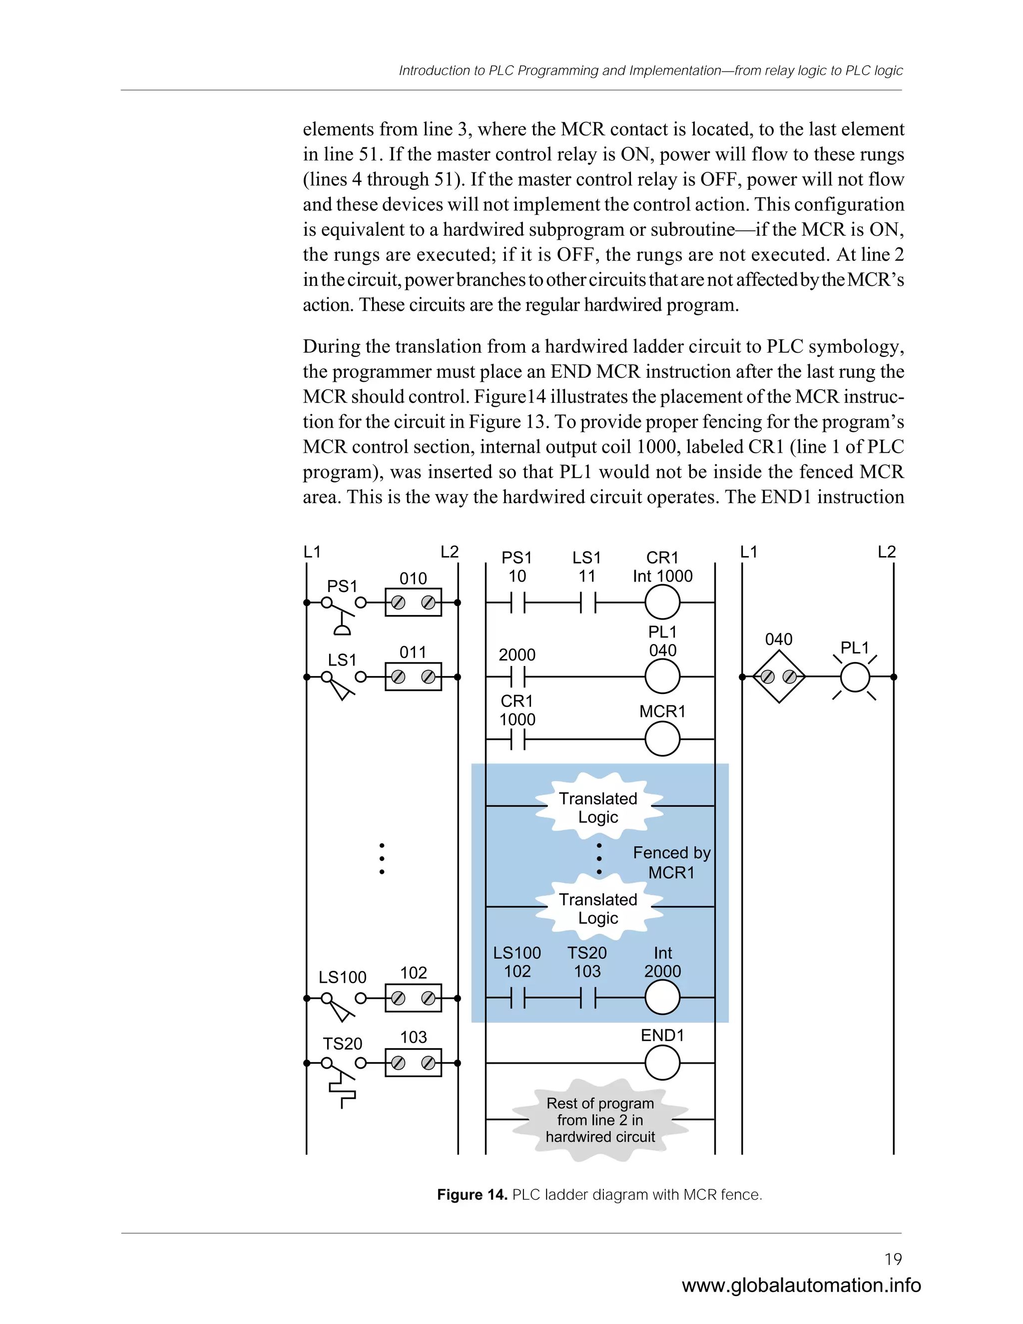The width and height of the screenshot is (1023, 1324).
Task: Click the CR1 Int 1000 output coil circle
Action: pyautogui.click(x=662, y=603)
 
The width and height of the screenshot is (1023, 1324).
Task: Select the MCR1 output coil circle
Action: pyautogui.click(x=662, y=739)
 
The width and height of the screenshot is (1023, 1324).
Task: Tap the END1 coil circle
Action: pyautogui.click(x=662, y=1063)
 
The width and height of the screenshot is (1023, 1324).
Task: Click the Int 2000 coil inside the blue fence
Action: pyautogui.click(x=662, y=997)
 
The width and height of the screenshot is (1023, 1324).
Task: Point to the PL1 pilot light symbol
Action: pyautogui.click(x=855, y=677)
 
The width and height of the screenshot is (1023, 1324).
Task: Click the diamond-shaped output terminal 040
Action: pyautogui.click(x=779, y=677)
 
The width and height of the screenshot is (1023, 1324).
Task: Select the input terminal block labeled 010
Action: pyautogui.click(x=413, y=603)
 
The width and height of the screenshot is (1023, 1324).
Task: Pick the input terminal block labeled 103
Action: pyautogui.click(x=413, y=1063)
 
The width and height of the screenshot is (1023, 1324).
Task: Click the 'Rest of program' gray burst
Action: pyautogui.click(x=600, y=1120)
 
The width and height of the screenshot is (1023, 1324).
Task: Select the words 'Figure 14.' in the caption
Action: pyautogui.click(x=472, y=1195)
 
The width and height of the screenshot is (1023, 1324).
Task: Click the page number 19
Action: pyautogui.click(x=893, y=1259)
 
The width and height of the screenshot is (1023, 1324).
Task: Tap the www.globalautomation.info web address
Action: pyautogui.click(x=801, y=1285)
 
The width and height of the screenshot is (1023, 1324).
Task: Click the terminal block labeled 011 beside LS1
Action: pyautogui.click(x=413, y=676)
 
